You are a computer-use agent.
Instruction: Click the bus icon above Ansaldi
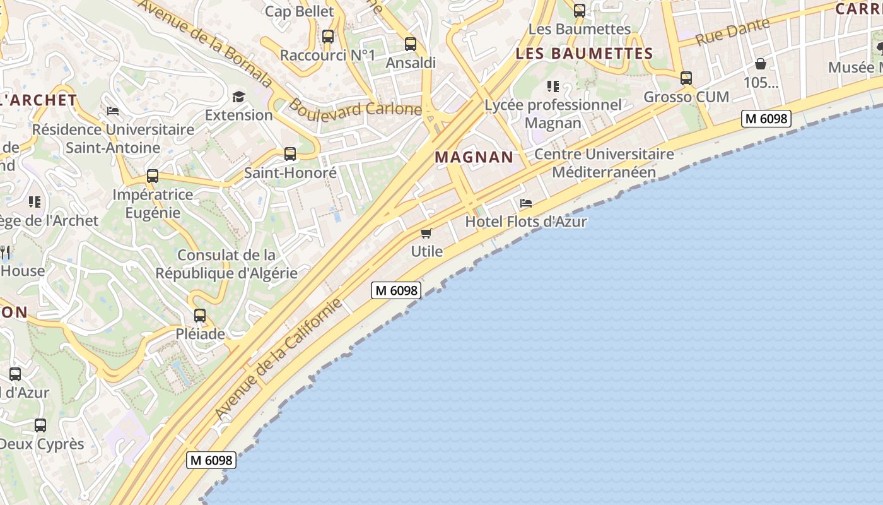coord(411,44)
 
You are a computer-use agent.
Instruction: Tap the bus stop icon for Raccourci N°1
coord(328,36)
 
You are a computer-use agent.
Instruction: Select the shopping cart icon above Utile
coord(426,233)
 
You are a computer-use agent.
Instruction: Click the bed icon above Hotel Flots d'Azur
coord(526,203)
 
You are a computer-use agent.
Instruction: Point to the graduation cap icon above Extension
coord(238,97)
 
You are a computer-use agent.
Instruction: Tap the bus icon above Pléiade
coord(200,315)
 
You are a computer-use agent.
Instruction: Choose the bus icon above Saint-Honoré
coord(290,153)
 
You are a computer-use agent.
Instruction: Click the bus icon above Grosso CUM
coord(686,78)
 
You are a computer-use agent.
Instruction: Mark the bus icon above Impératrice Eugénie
coord(153,176)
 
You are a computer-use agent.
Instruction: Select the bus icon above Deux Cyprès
coord(40,425)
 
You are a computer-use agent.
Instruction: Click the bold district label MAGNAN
coord(475,157)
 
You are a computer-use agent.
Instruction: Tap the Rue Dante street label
coord(733,32)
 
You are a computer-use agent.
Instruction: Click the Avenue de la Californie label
coord(278,358)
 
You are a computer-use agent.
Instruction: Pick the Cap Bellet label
coord(300,11)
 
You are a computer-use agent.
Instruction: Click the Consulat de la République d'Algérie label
coord(226,264)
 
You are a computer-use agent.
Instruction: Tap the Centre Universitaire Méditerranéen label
coord(604,163)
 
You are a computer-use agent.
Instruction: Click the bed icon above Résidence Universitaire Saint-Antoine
coord(113,111)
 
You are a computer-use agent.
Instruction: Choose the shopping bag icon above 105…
coord(761,64)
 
